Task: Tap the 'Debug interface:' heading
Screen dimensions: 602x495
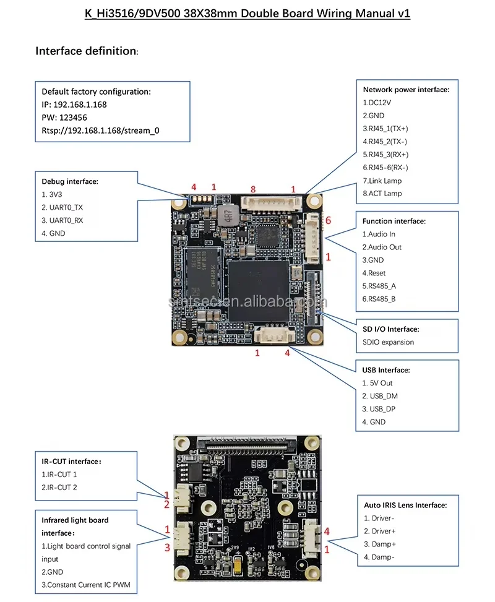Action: pyautogui.click(x=70, y=181)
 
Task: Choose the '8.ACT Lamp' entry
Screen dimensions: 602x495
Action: pyautogui.click(x=382, y=194)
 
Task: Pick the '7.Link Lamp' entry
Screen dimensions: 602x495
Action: pyautogui.click(x=382, y=181)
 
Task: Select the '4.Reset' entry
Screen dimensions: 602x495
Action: pyautogui.click(x=374, y=273)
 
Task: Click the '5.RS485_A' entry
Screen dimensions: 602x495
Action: pyautogui.click(x=379, y=286)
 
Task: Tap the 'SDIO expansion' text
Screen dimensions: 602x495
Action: pyautogui.click(x=389, y=342)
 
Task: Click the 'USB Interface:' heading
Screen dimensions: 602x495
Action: pyautogui.click(x=386, y=370)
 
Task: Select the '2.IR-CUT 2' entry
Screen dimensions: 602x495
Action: pyautogui.click(x=59, y=488)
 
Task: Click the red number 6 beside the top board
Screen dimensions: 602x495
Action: pyautogui.click(x=328, y=220)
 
